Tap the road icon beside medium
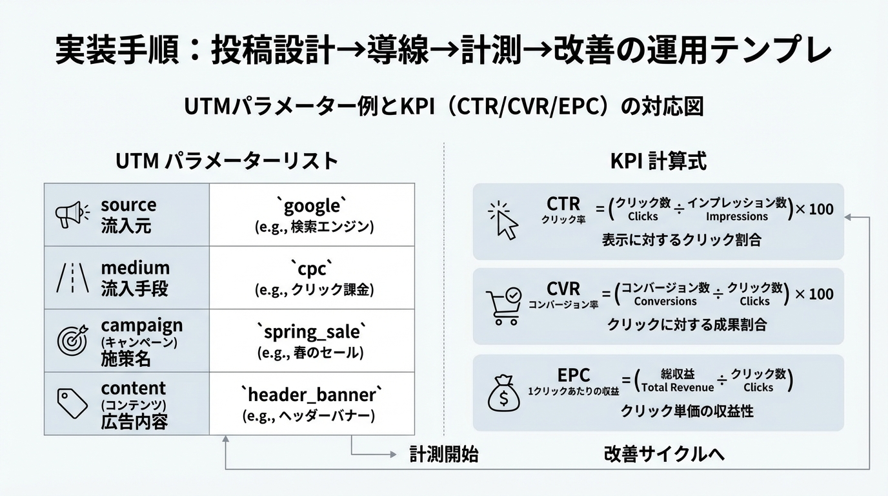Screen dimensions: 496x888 point(69,278)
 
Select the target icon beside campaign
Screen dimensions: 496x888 point(72,340)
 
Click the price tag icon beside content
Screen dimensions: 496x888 point(72,404)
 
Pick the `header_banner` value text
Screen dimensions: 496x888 point(312,394)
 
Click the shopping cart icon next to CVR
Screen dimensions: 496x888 point(503,306)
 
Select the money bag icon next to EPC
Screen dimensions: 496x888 point(503,393)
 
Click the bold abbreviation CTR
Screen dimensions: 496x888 point(563,204)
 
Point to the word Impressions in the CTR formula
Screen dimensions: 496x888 point(736,217)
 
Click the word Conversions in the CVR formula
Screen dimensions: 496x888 point(665,302)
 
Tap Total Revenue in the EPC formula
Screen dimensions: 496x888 point(678,387)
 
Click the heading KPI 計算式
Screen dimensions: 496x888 point(658,161)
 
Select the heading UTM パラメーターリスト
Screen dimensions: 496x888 point(227,161)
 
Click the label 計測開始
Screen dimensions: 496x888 point(444,454)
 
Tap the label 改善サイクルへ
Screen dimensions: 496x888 point(664,454)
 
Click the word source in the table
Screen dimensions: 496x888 point(128,205)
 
